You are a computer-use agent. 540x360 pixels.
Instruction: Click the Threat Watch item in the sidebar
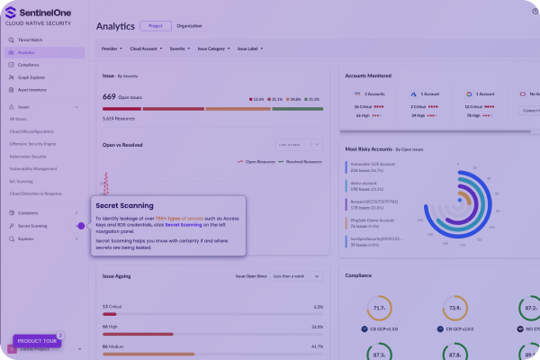(31, 40)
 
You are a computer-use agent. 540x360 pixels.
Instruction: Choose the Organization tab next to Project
(190, 26)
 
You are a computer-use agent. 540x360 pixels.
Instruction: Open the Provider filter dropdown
(112, 49)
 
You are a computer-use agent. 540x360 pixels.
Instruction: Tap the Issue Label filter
(250, 49)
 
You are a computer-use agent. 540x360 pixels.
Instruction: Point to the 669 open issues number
(109, 96)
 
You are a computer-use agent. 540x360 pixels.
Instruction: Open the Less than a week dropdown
(297, 276)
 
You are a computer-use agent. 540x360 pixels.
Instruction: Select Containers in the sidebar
(28, 212)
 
